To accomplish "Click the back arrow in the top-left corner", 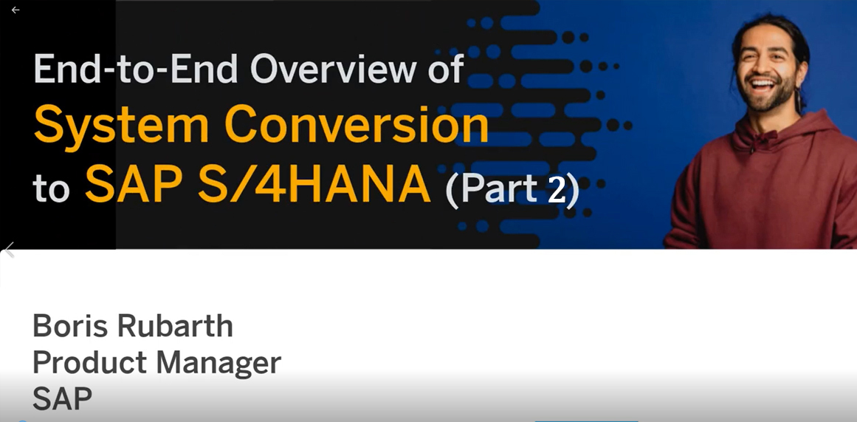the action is [x=16, y=10].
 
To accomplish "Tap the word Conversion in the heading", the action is [x=357, y=126].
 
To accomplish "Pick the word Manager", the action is [x=218, y=364].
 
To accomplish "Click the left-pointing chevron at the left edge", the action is [x=8, y=249].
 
